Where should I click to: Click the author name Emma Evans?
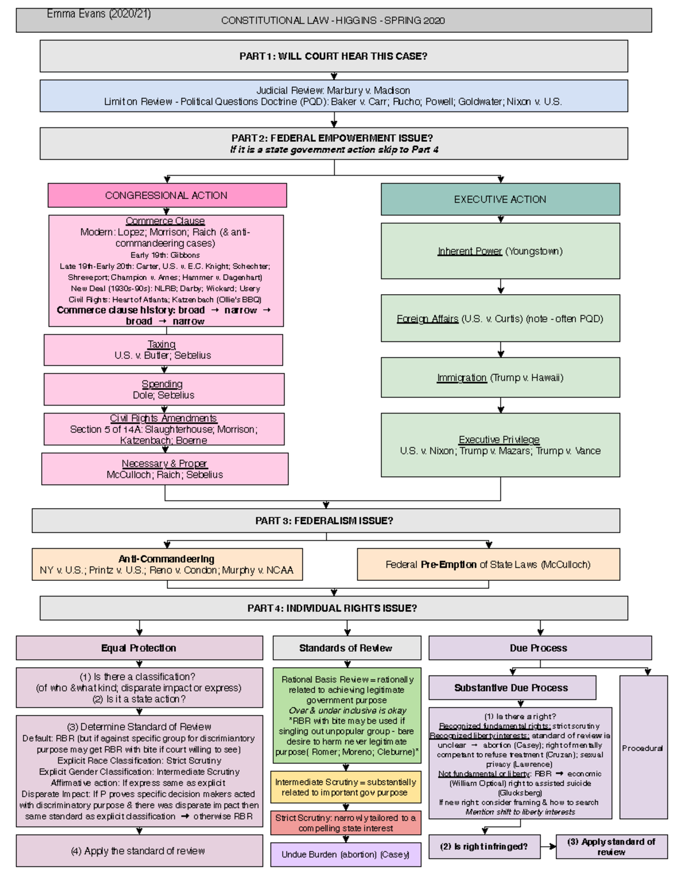99,14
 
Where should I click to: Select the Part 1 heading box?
333,56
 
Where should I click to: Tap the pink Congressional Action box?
167,196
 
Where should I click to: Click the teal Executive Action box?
500,199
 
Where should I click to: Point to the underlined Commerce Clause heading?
165,221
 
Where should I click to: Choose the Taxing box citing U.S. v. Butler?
163,350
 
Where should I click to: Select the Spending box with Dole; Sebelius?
164,389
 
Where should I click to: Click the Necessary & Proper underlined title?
164,463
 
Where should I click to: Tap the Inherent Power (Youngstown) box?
500,251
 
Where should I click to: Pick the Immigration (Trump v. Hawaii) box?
500,377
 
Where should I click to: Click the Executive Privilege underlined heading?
499,439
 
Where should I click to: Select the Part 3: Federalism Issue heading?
326,521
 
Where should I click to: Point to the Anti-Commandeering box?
167,565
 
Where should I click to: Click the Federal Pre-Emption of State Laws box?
488,565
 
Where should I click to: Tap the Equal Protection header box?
139,648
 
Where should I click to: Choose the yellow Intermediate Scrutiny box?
346,787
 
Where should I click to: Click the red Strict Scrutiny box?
346,823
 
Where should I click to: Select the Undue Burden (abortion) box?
346,854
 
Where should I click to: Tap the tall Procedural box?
643,748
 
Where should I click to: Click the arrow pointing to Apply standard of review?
548,846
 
